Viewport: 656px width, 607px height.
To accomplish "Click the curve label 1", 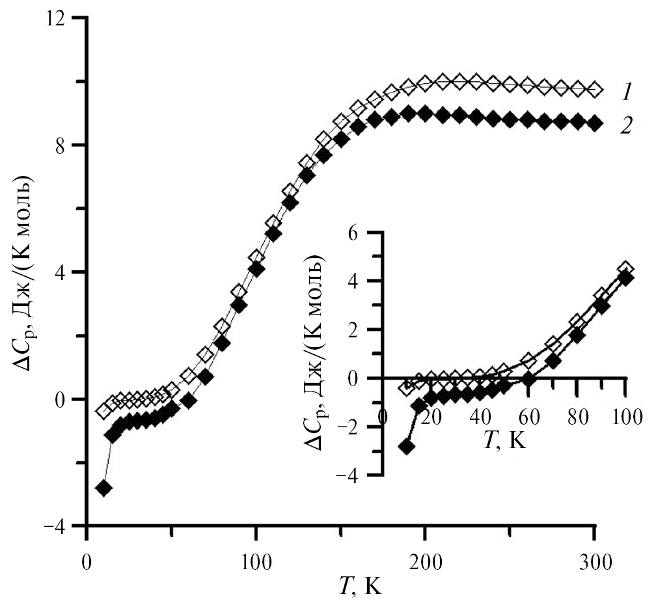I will [626, 92].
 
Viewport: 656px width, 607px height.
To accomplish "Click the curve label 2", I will [626, 125].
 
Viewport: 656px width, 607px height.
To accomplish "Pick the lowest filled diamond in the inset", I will [407, 447].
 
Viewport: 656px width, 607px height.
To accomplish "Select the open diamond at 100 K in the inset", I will [625, 268].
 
